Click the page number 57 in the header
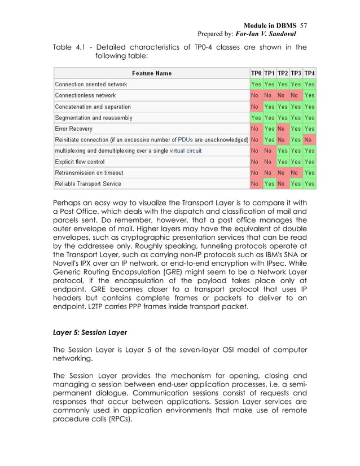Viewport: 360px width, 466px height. point(303,26)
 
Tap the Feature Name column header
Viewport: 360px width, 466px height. point(152,73)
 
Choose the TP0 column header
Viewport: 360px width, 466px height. point(256,73)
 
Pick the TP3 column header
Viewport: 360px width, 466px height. point(296,73)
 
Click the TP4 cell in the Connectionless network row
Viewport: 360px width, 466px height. point(310,95)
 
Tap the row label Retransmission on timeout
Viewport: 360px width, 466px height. point(89,173)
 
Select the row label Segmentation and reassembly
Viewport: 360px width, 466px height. point(93,117)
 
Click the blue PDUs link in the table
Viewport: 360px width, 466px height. point(186,139)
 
